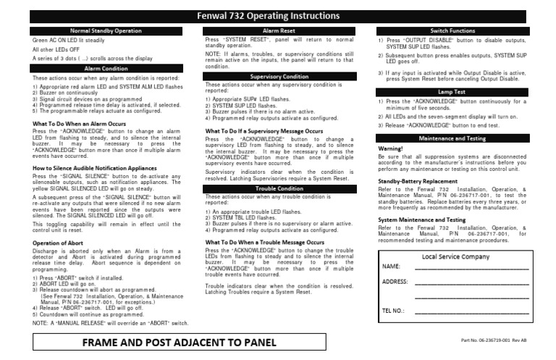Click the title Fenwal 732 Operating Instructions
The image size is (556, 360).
click(279, 16)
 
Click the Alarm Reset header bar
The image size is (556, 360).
click(279, 32)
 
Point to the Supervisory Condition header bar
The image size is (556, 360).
click(279, 75)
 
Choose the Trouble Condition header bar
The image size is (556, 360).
click(279, 189)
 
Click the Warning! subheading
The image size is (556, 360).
click(391, 148)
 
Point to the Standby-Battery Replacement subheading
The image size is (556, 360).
click(418, 180)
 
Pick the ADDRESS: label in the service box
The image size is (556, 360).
click(395, 281)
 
